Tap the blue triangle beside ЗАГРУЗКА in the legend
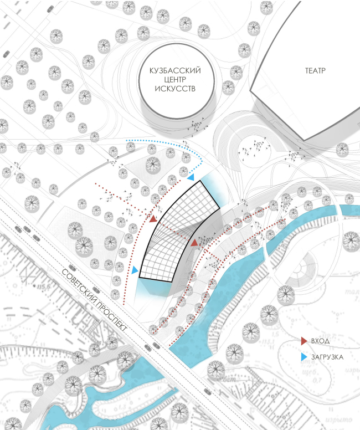point(303,357)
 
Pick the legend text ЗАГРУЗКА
point(327,357)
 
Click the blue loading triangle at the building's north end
point(190,178)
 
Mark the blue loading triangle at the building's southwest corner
point(135,270)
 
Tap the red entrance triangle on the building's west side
point(153,219)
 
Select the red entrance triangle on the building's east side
point(195,243)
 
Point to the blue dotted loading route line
point(166,142)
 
